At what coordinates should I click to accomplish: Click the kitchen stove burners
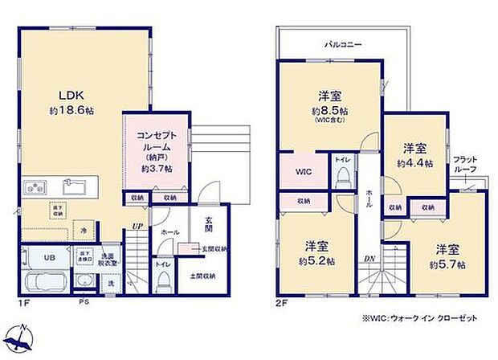35,188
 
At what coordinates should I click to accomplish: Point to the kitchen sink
76,188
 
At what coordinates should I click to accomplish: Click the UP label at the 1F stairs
137,226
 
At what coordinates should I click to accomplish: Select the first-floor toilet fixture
164,278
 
